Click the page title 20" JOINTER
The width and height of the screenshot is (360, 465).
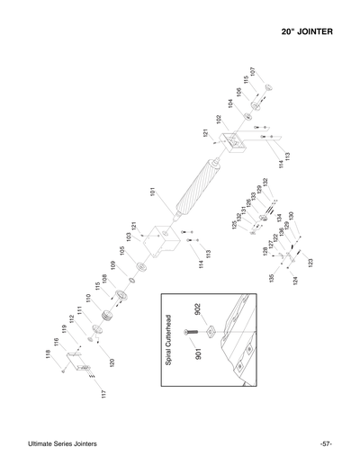[308, 32]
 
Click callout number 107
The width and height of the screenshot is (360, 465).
[253, 71]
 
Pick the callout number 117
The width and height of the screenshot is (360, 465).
[103, 394]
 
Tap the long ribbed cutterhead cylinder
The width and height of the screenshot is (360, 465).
[193, 192]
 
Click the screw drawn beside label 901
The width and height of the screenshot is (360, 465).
[188, 335]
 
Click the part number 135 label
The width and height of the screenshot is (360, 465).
[270, 279]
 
